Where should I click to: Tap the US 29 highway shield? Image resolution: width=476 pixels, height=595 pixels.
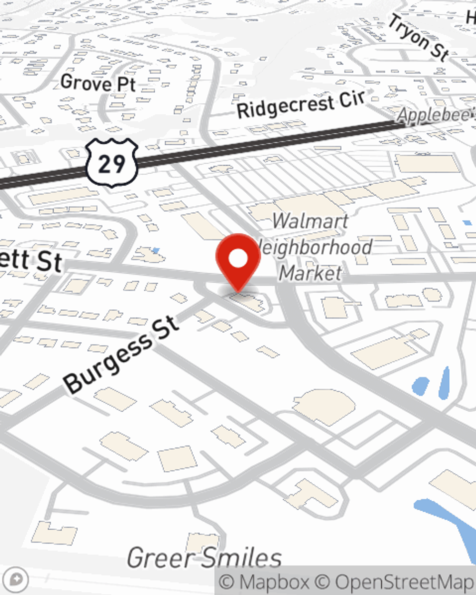(112, 163)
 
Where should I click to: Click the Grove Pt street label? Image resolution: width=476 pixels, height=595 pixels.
(99, 83)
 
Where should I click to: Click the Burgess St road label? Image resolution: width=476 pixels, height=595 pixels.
(122, 354)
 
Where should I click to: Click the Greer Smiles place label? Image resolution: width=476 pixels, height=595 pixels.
(204, 557)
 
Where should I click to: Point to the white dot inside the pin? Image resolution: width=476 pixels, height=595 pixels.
(238, 259)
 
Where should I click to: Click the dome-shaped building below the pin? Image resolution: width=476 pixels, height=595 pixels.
(324, 407)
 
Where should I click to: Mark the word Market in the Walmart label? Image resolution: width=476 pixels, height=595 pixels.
(310, 273)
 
